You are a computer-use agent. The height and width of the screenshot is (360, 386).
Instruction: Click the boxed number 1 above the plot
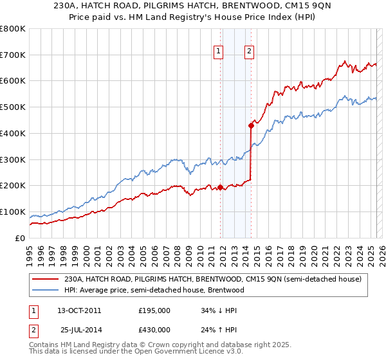click(219, 53)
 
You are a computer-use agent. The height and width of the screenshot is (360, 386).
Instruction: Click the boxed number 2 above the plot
click(249, 53)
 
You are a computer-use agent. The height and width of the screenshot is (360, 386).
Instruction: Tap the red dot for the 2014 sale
click(251, 126)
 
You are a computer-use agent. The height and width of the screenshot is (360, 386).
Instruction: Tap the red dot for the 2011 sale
click(220, 187)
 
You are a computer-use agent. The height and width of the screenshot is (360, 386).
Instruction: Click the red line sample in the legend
click(46, 279)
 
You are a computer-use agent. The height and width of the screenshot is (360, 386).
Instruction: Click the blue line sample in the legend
click(46, 290)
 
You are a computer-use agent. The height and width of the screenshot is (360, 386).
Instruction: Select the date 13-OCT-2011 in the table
click(80, 310)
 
